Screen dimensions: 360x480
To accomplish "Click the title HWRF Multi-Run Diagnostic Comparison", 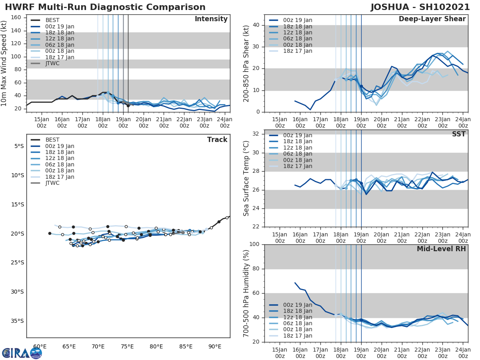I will [x=105, y=7].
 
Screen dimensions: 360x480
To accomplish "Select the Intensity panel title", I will [x=211, y=19].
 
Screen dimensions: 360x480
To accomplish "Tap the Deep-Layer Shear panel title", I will [x=432, y=19].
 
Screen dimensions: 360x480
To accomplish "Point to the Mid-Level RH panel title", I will [x=441, y=249].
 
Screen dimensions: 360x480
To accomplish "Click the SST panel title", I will [x=459, y=134].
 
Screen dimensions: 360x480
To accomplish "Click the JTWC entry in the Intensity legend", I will [x=52, y=63].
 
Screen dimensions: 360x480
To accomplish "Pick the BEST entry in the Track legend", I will [x=52, y=140].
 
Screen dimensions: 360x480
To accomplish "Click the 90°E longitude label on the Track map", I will [x=215, y=346].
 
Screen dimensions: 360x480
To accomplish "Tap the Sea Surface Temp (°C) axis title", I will [x=246, y=178].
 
